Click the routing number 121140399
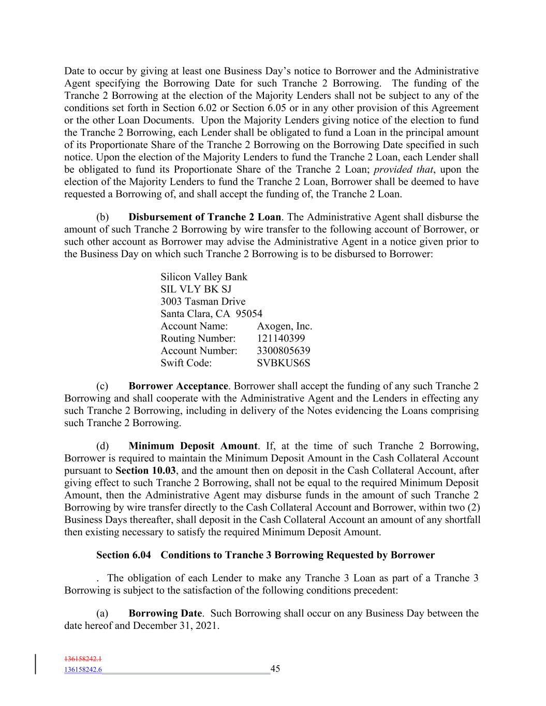coord(281,338)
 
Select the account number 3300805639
coord(283,351)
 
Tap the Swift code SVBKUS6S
coord(283,363)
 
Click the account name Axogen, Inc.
coord(284,326)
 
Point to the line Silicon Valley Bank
coord(204,277)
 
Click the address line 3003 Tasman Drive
coord(203,302)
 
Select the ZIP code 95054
coord(249,314)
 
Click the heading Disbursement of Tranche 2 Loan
coord(204,217)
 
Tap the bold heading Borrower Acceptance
coord(178,386)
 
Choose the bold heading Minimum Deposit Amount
coord(193,446)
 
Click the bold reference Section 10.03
coord(145,471)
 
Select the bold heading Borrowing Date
coord(165,613)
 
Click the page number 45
coord(275,669)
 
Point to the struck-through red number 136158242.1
coord(83,659)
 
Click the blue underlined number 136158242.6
coord(83,670)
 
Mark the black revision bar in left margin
coord(36,665)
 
